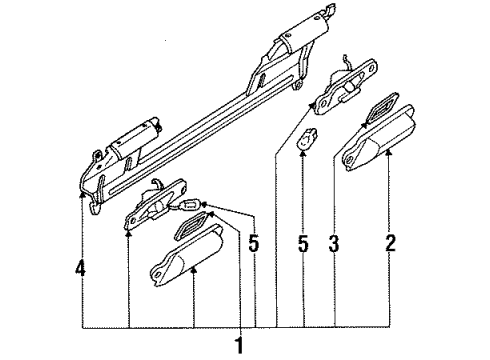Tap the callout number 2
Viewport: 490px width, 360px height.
[x=390, y=243]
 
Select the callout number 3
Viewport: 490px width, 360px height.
[x=334, y=243]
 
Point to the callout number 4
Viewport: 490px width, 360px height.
[x=80, y=268]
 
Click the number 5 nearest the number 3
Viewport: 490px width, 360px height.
[x=303, y=243]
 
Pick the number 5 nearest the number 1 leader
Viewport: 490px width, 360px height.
[x=253, y=243]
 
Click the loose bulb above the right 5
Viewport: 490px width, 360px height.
[x=307, y=139]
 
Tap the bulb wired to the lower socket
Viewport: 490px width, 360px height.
[x=191, y=205]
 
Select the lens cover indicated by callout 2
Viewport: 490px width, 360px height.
[x=378, y=139]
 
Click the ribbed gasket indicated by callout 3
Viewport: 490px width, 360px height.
[x=381, y=109]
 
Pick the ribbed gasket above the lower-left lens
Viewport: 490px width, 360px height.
[x=192, y=226]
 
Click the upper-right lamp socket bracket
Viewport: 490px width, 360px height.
[x=345, y=87]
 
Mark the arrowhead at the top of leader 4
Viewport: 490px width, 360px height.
[x=81, y=194]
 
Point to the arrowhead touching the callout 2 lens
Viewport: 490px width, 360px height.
[x=388, y=153]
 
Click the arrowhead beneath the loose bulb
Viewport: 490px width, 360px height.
[x=303, y=153]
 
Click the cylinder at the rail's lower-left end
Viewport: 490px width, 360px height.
[x=136, y=137]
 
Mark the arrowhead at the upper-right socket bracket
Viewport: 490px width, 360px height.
[x=312, y=105]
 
